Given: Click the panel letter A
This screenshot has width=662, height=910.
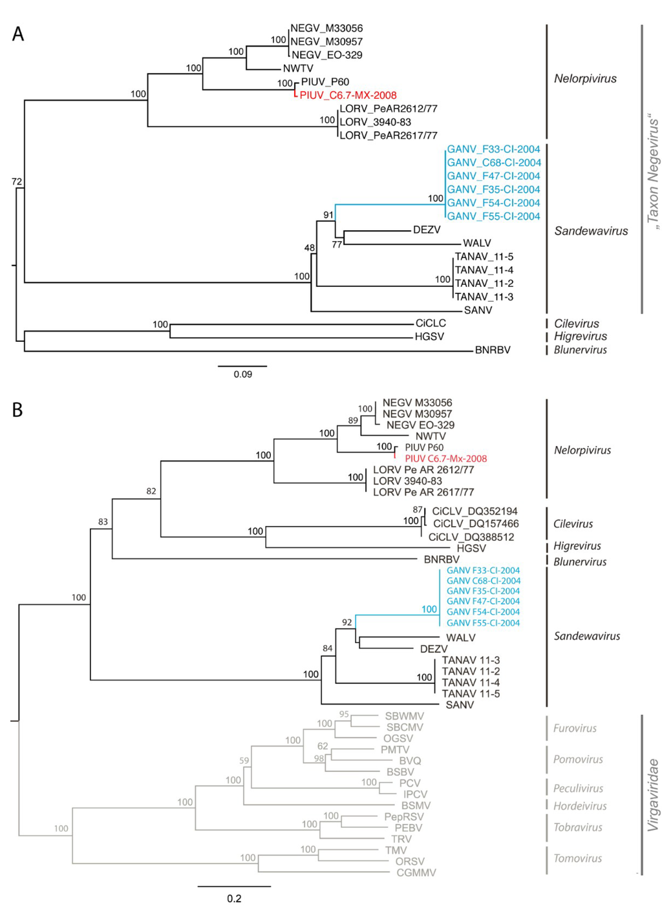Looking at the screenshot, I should [18, 34].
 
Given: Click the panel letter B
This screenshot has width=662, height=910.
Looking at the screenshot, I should [17, 410].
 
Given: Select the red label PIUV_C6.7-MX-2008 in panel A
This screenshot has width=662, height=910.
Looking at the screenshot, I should [348, 95].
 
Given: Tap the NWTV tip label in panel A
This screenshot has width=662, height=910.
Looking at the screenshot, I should [298, 69].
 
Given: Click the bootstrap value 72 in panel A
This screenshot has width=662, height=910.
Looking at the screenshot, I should [17, 182].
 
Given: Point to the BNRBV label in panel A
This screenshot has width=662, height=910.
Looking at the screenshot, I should [493, 350].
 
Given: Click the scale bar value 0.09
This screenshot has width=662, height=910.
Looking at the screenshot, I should [243, 374].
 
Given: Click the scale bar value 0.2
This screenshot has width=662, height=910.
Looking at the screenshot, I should [234, 898].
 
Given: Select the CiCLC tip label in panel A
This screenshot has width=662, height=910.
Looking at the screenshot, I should [431, 323].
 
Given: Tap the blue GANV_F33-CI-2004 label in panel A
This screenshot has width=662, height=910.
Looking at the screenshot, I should [493, 149].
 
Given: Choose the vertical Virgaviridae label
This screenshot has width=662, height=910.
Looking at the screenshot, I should [653, 794].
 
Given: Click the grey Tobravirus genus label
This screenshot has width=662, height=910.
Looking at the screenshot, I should [578, 827].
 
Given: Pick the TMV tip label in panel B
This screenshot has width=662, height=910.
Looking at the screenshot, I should [396, 851].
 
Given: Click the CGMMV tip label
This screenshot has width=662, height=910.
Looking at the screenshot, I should [416, 873].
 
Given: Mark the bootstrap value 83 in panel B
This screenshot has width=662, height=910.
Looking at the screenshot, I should [103, 522].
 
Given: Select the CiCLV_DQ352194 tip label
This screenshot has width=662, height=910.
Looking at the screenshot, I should [475, 511].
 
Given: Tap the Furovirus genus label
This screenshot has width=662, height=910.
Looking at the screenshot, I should [575, 728].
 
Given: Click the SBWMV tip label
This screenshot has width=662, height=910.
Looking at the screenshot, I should [405, 716].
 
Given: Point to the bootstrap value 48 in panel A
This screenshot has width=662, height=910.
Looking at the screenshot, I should [310, 248].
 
